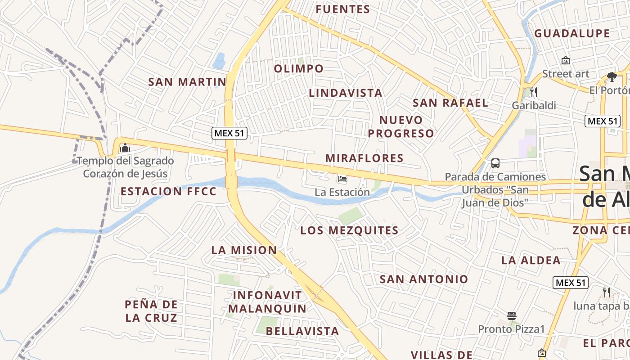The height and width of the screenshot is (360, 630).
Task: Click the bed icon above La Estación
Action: [342, 179]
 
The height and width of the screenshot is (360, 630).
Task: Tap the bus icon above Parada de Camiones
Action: [495, 163]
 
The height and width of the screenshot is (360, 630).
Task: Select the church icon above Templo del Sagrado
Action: [125, 148]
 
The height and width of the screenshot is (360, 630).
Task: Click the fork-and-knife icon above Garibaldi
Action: [534, 92]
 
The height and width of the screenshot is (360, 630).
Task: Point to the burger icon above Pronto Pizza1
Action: [511, 315]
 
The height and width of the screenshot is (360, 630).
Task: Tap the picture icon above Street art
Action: [565, 60]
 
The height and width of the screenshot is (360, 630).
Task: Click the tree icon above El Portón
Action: [612, 77]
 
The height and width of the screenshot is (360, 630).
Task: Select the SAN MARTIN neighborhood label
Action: [187, 82]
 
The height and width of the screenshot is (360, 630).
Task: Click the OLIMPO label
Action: [299, 69]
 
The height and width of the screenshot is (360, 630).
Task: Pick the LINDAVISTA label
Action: [346, 93]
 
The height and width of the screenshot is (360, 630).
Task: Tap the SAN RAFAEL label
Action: [450, 103]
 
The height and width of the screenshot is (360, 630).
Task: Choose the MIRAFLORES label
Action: [364, 158]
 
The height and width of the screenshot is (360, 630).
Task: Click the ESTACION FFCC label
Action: [169, 191]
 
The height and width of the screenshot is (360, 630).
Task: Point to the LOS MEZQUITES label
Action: [350, 231]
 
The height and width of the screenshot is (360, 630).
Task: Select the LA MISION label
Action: [244, 250]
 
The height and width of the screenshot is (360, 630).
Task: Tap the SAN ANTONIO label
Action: [424, 279]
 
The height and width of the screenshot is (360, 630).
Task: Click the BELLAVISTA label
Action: [302, 331]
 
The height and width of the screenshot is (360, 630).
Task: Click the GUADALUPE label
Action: [572, 34]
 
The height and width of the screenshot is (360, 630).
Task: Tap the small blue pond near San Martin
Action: [219, 60]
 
